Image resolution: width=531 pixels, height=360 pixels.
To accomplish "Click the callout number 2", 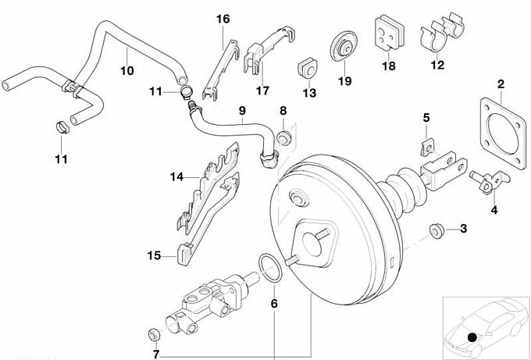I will pos(501,84).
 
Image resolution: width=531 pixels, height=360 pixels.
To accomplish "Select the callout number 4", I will pos(494,210).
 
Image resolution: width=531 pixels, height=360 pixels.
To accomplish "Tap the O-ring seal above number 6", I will pos(269,266).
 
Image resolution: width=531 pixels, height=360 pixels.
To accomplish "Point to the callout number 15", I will pos(153,255).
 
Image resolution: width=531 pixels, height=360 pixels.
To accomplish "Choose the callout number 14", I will pos(176,178).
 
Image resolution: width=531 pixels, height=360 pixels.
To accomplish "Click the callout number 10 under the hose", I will pos(127,71).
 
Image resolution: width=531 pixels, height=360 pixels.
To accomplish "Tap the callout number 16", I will pos(223,18).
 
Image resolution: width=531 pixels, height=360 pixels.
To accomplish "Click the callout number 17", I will pos(262,91).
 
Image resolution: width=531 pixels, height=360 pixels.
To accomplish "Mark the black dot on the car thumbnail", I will pos(472,337).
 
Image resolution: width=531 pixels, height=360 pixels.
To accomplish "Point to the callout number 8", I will pos(283,111).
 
